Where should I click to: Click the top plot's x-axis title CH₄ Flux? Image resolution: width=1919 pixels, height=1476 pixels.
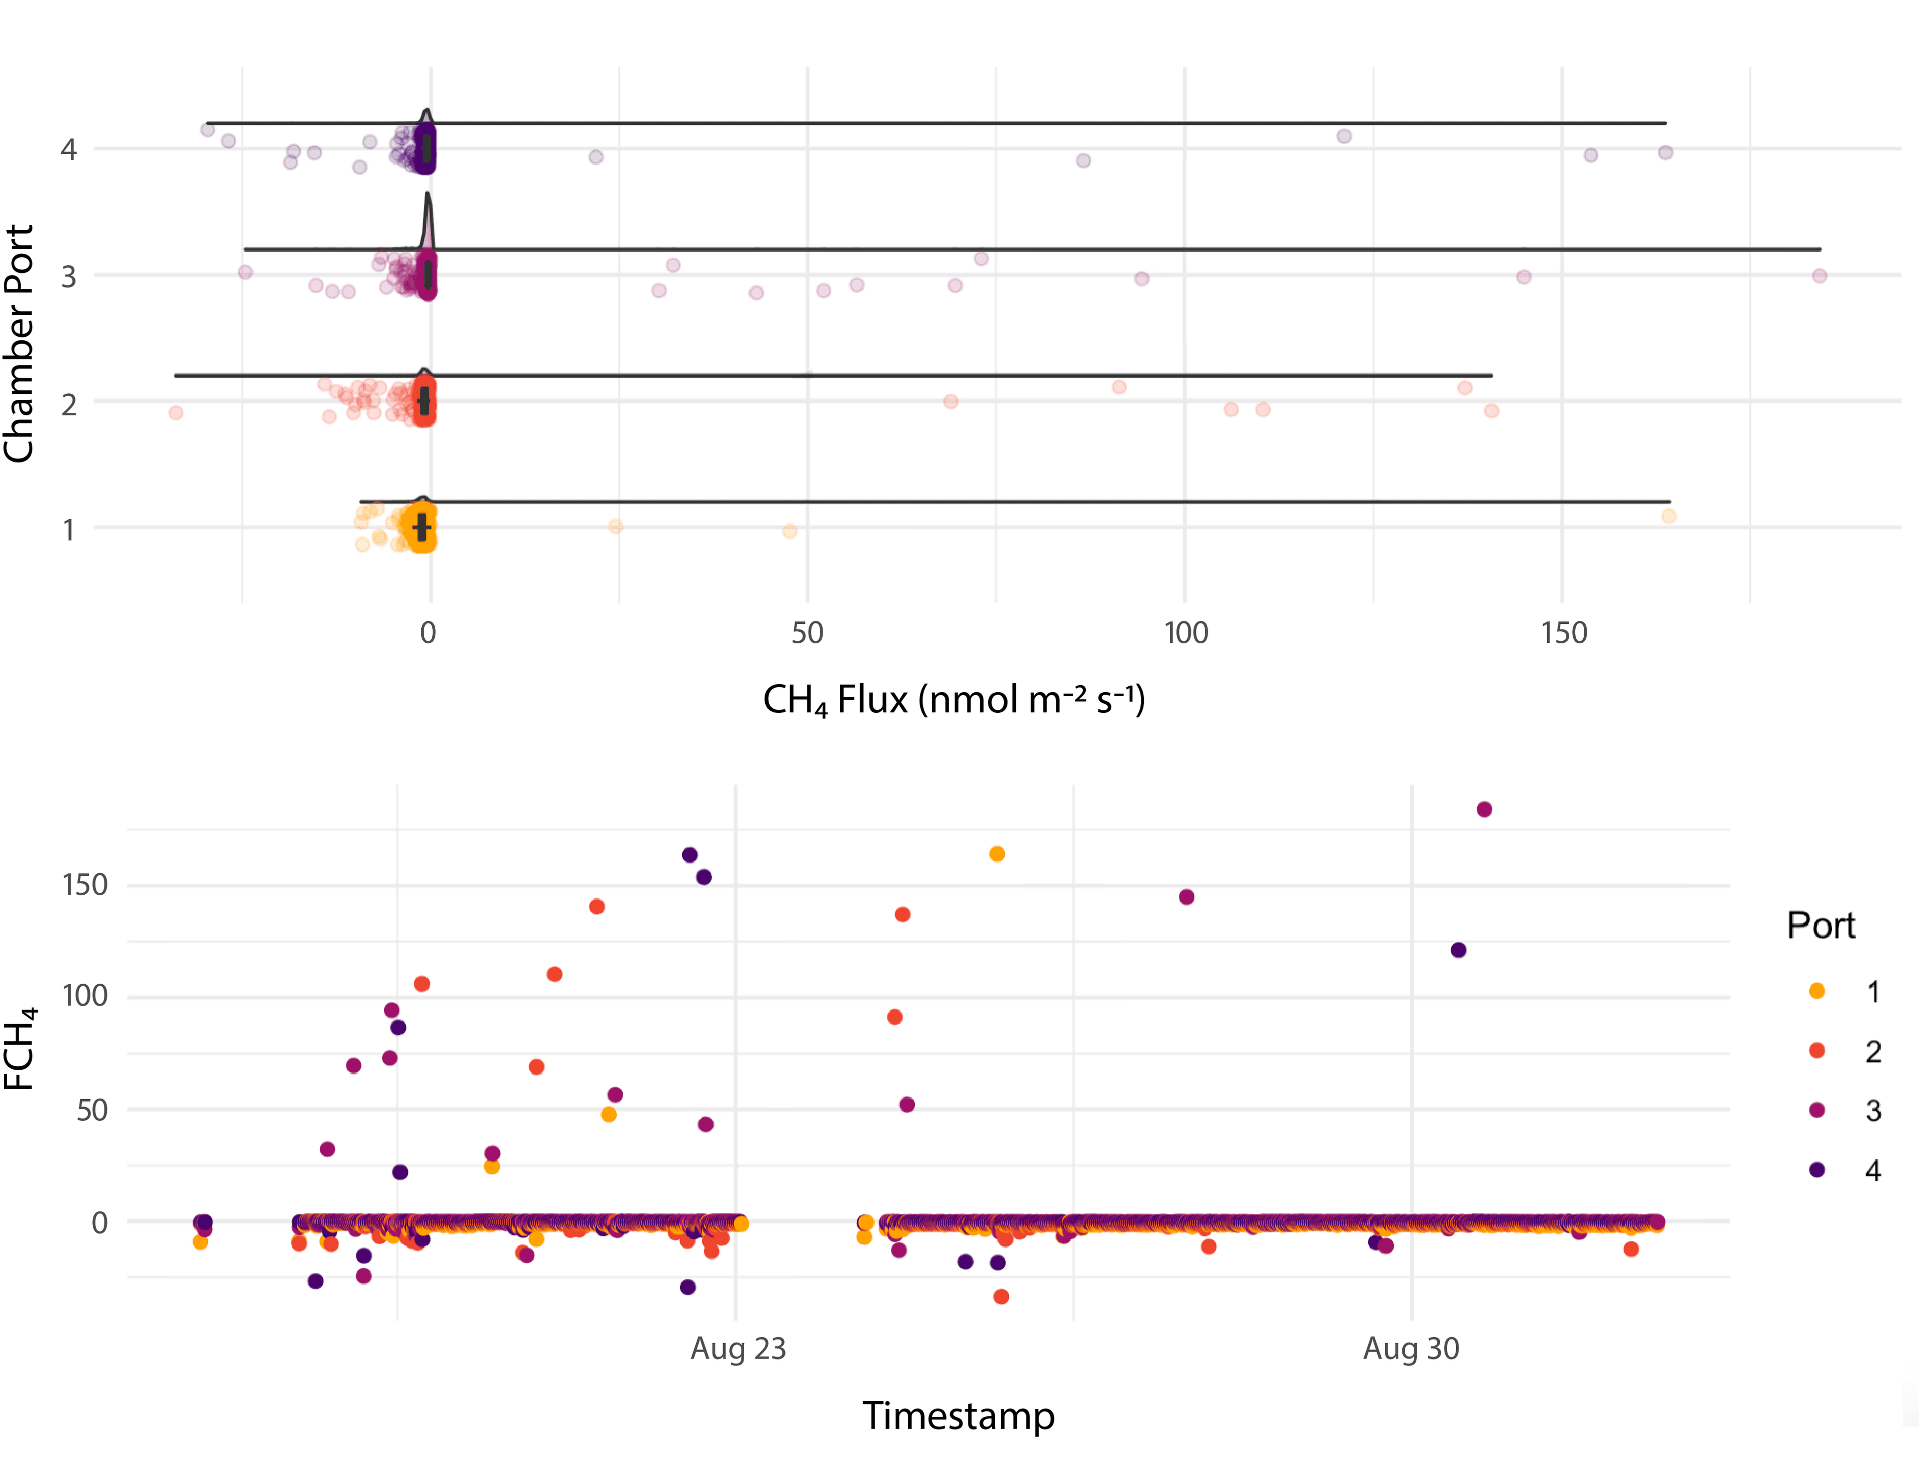pyautogui.click(x=953, y=700)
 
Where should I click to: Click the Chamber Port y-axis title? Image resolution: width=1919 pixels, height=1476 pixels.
pyautogui.click(x=19, y=343)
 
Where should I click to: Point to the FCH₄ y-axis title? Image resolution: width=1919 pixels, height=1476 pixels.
pyautogui.click(x=19, y=1048)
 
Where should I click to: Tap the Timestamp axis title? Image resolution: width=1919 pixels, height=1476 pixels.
pyautogui.click(x=958, y=1416)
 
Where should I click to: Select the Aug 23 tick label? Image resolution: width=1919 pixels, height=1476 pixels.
pyautogui.click(x=738, y=1349)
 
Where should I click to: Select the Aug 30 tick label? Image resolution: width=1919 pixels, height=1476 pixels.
pyautogui.click(x=1410, y=1349)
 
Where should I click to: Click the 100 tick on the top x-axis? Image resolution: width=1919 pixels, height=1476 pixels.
pyautogui.click(x=1186, y=633)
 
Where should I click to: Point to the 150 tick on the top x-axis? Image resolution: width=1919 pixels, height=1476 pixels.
pyautogui.click(x=1563, y=633)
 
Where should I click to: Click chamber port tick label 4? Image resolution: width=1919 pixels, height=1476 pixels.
pyautogui.click(x=68, y=149)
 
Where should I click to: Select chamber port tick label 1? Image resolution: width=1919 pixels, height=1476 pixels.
pyautogui.click(x=68, y=530)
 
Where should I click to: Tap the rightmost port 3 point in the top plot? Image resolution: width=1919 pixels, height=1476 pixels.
pyautogui.click(x=1819, y=276)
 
